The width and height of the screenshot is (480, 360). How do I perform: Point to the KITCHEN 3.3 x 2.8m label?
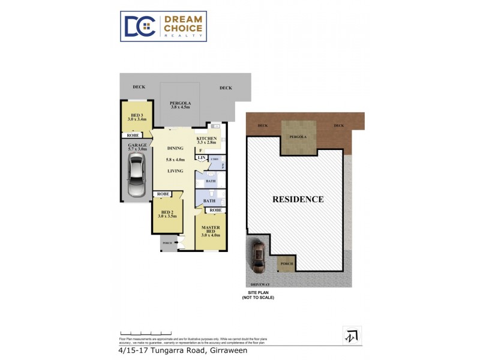click(x=206, y=140)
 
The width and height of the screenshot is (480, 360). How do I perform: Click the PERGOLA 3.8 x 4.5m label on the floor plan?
click(x=180, y=105)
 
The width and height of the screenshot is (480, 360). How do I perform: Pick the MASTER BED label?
click(x=210, y=229)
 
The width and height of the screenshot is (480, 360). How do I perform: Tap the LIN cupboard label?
click(x=201, y=158)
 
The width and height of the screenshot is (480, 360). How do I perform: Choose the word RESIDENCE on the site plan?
click(x=298, y=199)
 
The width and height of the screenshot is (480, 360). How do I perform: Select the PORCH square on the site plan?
click(x=286, y=263)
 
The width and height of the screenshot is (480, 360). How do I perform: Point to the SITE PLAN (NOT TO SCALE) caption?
click(x=257, y=295)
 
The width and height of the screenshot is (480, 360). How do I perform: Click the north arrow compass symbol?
click(x=352, y=335)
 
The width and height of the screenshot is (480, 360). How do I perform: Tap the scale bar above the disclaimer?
click(x=142, y=334)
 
